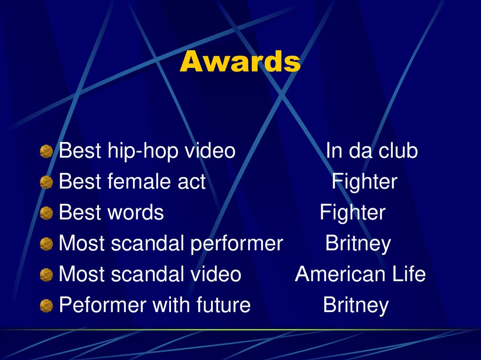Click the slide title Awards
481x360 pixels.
click(240, 62)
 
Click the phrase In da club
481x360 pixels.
click(372, 151)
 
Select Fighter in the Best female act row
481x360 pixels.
click(365, 182)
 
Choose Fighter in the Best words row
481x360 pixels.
click(352, 213)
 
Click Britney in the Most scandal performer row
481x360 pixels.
click(358, 244)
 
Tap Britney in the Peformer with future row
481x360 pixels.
click(356, 306)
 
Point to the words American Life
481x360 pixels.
click(360, 275)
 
